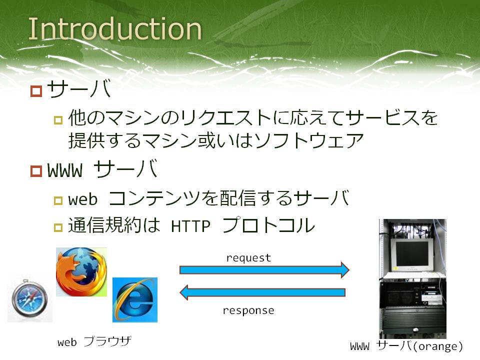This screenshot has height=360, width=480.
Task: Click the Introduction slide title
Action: pos(115,29)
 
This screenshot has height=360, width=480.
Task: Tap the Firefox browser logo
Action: pos(81,272)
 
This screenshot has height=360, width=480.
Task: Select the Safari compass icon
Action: pos(30,297)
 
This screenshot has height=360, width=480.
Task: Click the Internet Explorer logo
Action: pos(134,300)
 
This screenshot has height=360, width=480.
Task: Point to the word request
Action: pos(248,258)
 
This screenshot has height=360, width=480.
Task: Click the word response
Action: pos(248,310)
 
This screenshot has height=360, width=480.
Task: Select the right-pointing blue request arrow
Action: pos(264,269)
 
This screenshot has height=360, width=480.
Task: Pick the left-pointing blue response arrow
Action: pos(262,292)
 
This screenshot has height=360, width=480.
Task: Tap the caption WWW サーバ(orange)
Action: pos(406,346)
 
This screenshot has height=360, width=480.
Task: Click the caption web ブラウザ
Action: pos(94,341)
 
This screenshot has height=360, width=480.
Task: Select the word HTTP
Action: pos(190,226)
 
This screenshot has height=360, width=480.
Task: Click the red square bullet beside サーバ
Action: pos(36,91)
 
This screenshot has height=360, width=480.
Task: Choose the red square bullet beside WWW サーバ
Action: pos(36,171)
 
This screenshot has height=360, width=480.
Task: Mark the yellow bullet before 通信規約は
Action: pos(58,227)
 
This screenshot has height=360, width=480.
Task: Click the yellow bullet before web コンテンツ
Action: pos(58,201)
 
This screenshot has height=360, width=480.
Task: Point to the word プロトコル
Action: pos(268,225)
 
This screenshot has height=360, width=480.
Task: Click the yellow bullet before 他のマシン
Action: pos(58,120)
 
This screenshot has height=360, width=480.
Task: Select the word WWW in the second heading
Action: pos(65,170)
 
